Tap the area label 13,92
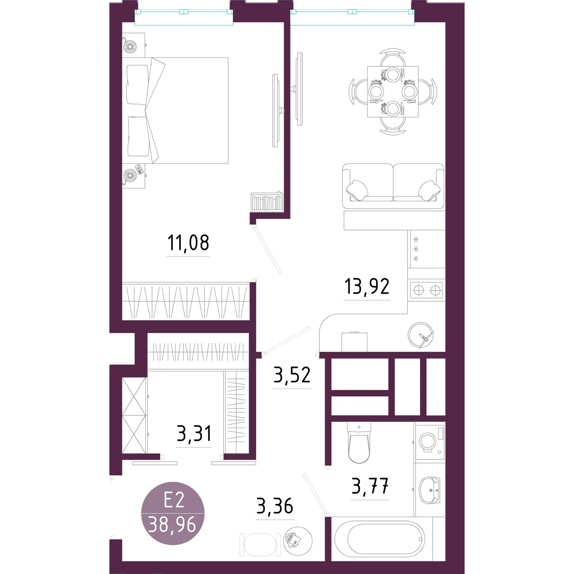point(367,286)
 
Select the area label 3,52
point(292,375)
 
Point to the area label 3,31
point(194,433)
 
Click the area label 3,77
point(370,486)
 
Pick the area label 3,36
point(275,506)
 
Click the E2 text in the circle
point(174,500)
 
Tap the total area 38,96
point(172,524)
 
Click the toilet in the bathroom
point(359,443)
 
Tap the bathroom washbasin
point(429,490)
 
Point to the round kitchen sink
point(420,335)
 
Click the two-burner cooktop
point(427,290)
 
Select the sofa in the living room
point(393,186)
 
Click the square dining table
point(393,92)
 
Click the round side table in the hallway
point(298,541)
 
